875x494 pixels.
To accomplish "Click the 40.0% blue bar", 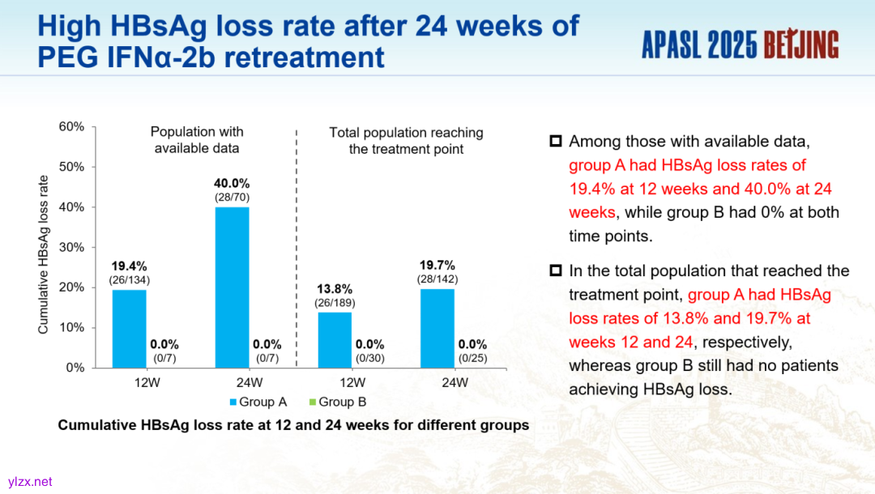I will click(232, 287).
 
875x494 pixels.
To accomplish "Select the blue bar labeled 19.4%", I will click(129, 328).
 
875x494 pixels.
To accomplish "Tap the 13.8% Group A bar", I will click(334, 339).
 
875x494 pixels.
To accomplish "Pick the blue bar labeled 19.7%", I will click(437, 328).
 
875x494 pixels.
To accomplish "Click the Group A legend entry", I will click(258, 402).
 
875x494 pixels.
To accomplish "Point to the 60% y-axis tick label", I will click(71, 126).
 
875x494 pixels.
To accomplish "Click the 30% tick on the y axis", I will click(71, 247).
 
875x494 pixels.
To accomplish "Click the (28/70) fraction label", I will click(232, 197).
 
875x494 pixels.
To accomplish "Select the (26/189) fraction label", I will click(335, 302).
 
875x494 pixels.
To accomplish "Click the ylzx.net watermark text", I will click(30, 481).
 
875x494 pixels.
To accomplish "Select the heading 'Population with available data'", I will click(197, 139).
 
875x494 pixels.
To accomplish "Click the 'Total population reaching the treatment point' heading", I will click(406, 140).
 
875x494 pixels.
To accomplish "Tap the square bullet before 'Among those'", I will click(556, 141).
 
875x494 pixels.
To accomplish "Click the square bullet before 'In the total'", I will click(556, 270).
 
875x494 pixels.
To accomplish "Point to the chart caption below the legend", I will click(293, 424).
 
